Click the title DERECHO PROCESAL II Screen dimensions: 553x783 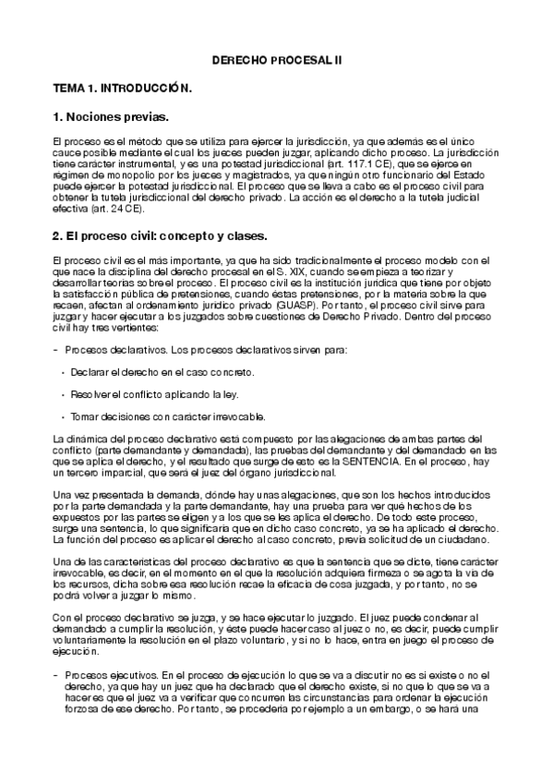coord(277,57)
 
